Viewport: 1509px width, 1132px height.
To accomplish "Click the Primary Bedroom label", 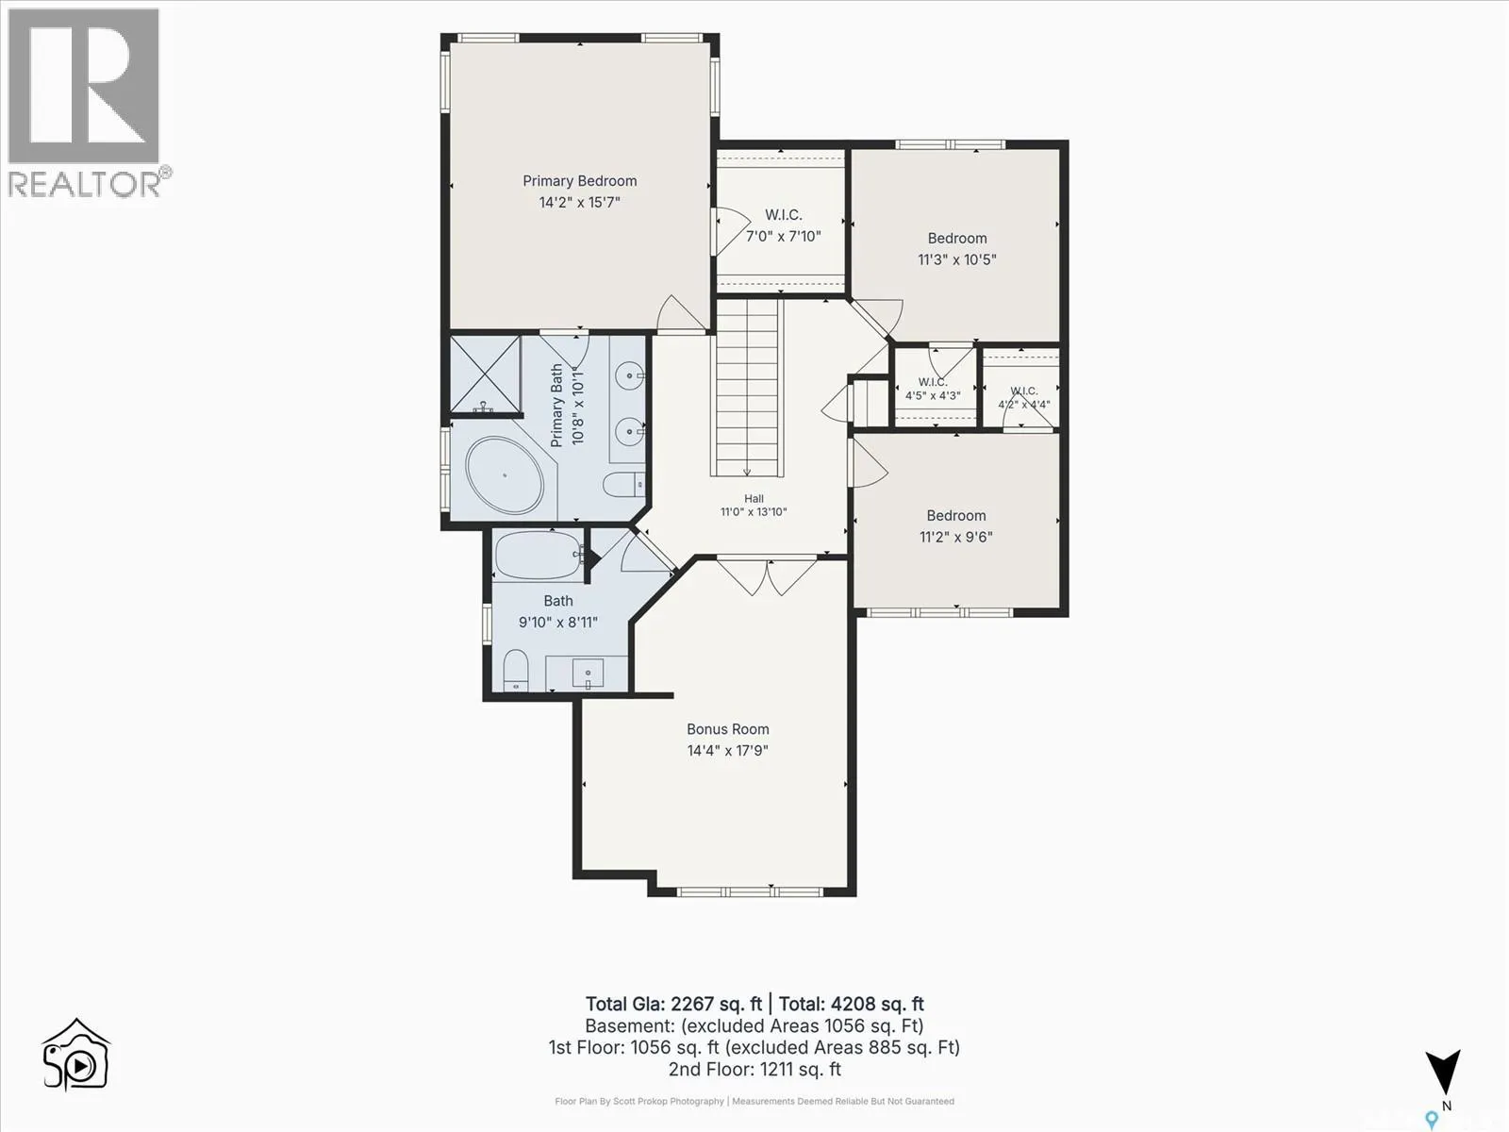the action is [x=579, y=181].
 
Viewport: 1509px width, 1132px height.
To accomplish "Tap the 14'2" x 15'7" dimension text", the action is [x=579, y=202].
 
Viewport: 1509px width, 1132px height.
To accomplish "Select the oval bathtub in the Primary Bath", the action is [x=505, y=474].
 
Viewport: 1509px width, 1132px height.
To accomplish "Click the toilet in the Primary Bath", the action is [x=624, y=485].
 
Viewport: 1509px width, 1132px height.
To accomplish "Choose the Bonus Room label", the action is [x=727, y=729].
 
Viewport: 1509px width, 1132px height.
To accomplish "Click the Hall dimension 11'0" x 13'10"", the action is [x=754, y=511].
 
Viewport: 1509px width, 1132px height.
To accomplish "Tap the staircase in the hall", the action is [x=747, y=387].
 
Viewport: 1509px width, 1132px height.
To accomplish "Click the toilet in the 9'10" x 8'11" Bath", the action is [x=516, y=670].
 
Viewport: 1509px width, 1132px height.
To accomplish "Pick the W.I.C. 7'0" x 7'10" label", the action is [x=783, y=225].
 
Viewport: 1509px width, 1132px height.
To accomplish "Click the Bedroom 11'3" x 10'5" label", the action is [x=957, y=249].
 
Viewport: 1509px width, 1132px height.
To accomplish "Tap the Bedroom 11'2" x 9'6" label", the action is [x=956, y=525].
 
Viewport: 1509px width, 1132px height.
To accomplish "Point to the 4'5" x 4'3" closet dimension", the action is [x=933, y=396].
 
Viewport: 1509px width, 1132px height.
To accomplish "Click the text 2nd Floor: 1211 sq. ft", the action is [x=754, y=1070].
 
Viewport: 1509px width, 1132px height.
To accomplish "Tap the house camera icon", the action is [x=76, y=1055].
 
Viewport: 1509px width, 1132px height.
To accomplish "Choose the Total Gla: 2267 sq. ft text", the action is [x=673, y=1004].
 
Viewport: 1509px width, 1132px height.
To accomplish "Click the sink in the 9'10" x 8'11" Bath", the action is [x=588, y=673].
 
